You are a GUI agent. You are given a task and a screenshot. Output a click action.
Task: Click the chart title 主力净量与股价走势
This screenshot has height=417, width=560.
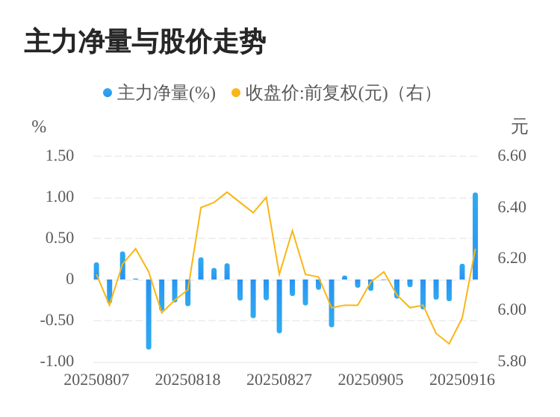[145, 42]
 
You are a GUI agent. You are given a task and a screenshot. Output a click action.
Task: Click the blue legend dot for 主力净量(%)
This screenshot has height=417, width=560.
[108, 93]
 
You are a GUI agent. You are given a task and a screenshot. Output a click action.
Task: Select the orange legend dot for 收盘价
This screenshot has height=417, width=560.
[236, 93]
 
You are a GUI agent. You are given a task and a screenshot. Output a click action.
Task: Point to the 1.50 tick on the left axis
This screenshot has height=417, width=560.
[60, 155]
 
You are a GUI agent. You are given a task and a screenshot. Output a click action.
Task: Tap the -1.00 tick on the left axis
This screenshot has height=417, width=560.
[57, 361]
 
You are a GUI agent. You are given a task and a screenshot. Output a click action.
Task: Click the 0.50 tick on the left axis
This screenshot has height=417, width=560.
[60, 238]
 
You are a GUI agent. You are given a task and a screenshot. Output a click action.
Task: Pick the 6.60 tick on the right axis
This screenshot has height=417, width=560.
[511, 155]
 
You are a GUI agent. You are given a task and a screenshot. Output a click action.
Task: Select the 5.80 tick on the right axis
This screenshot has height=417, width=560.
[511, 361]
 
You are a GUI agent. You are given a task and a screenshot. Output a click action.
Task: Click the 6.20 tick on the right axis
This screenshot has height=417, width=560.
[511, 258]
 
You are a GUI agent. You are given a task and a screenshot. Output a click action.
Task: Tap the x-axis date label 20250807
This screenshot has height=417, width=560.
[96, 380]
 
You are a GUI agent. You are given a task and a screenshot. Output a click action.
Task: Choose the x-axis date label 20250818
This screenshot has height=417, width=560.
[187, 380]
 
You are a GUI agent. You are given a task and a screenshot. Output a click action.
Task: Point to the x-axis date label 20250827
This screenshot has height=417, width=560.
[279, 380]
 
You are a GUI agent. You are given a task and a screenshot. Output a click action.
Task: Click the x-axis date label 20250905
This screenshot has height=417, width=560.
[370, 380]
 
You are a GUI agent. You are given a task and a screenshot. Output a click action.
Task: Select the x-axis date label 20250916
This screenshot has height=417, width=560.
[462, 380]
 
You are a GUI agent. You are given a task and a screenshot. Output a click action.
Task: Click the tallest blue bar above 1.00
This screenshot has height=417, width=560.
[475, 235]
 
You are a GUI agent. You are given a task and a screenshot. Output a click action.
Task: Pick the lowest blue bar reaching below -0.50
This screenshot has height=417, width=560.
[149, 314]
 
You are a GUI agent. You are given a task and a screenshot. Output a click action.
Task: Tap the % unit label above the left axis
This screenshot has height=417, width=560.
[39, 127]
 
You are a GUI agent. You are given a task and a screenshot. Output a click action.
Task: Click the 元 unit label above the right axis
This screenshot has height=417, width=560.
[520, 127]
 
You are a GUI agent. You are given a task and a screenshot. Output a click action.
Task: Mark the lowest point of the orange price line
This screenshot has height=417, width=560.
[449, 344]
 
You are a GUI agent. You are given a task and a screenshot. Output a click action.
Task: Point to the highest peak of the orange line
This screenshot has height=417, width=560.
[227, 192]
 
